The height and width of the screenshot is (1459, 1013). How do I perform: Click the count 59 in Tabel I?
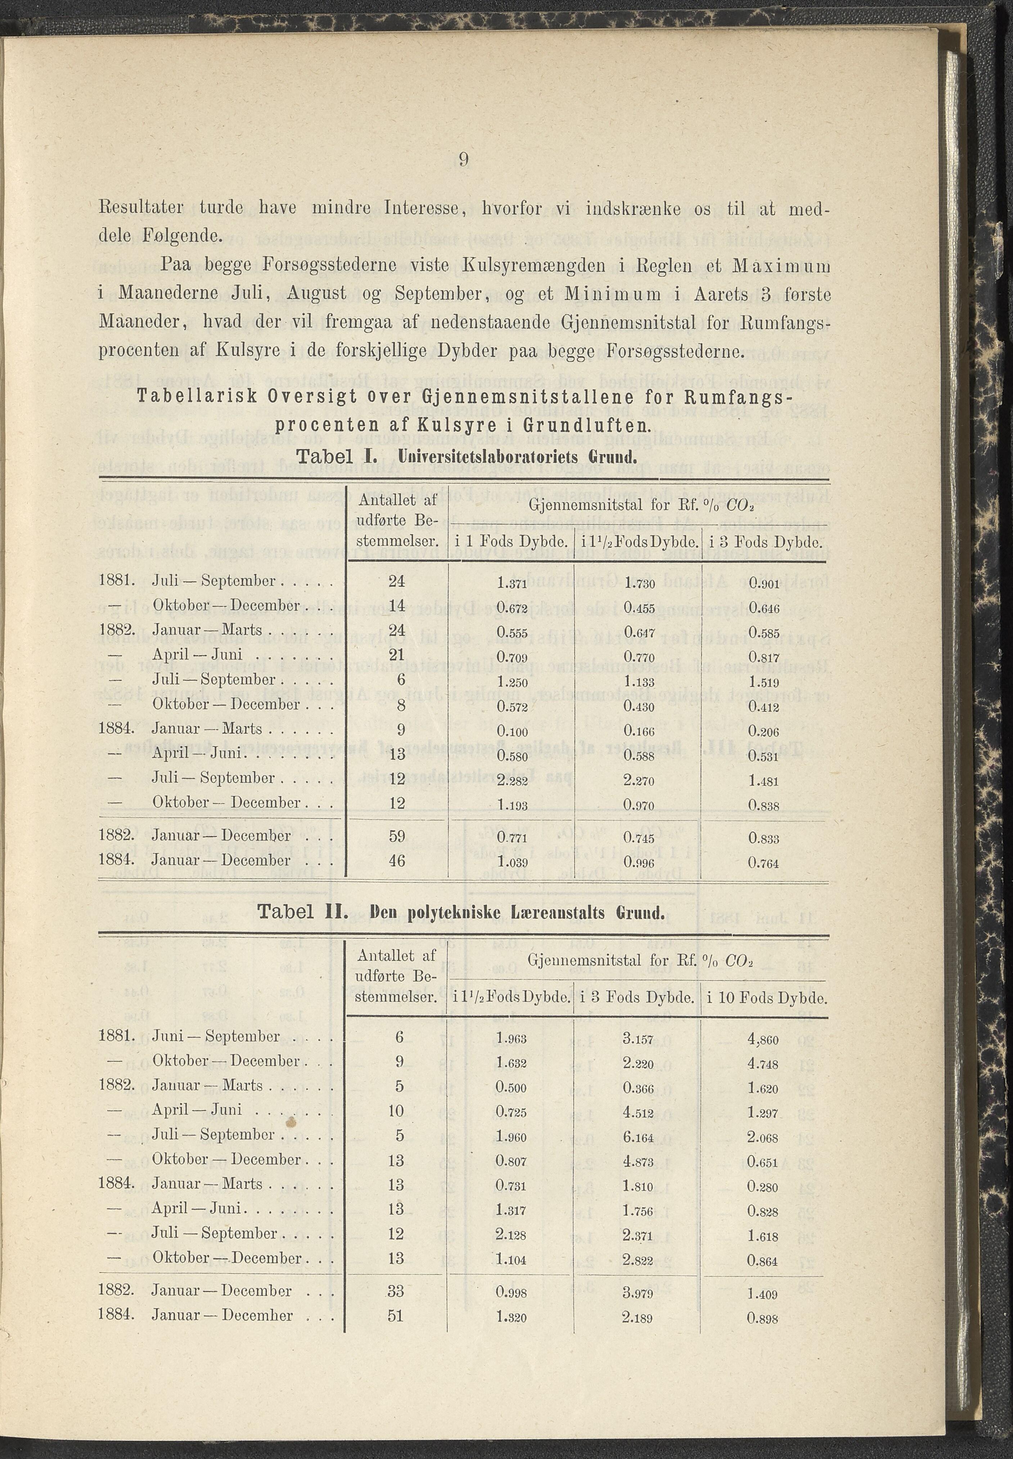pyautogui.click(x=397, y=836)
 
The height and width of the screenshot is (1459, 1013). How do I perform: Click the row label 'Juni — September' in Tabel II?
pyautogui.click(x=216, y=1037)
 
